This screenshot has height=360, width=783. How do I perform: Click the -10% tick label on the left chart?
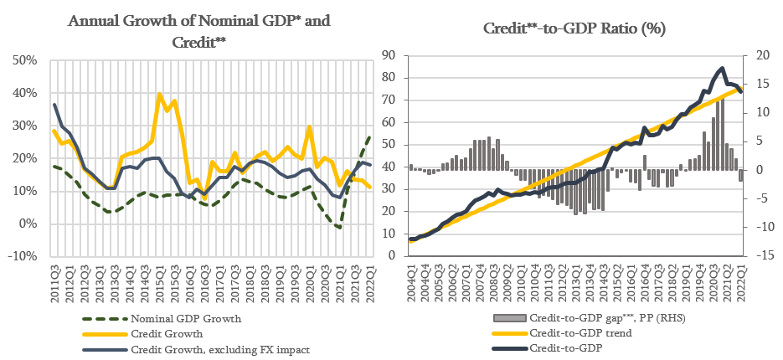(22, 256)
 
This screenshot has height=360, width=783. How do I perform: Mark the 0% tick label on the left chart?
(27, 224)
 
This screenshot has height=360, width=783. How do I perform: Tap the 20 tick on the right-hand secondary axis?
(757, 55)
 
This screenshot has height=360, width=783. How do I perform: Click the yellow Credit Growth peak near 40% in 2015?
(159, 95)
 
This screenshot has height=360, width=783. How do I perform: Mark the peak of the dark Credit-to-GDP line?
(722, 69)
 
